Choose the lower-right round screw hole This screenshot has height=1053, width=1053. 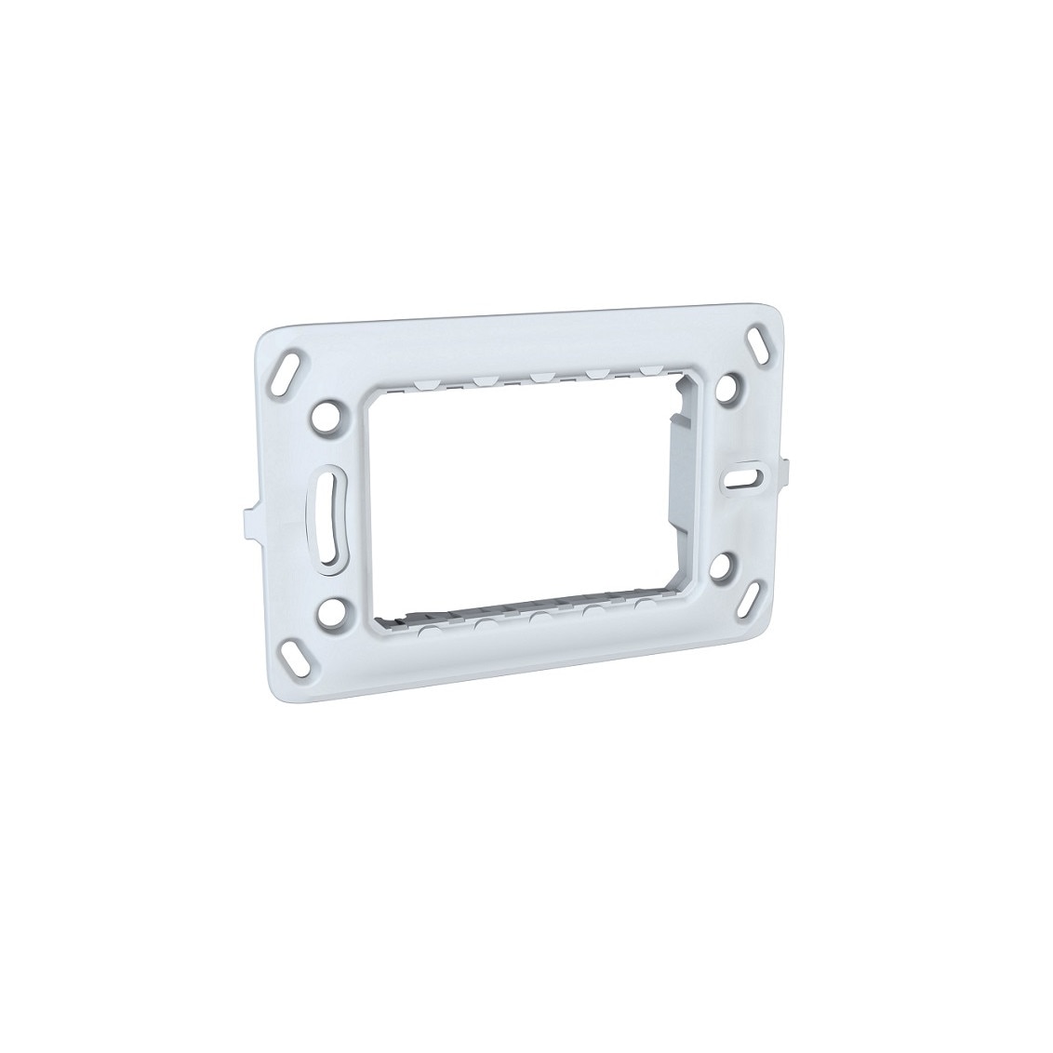731,564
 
